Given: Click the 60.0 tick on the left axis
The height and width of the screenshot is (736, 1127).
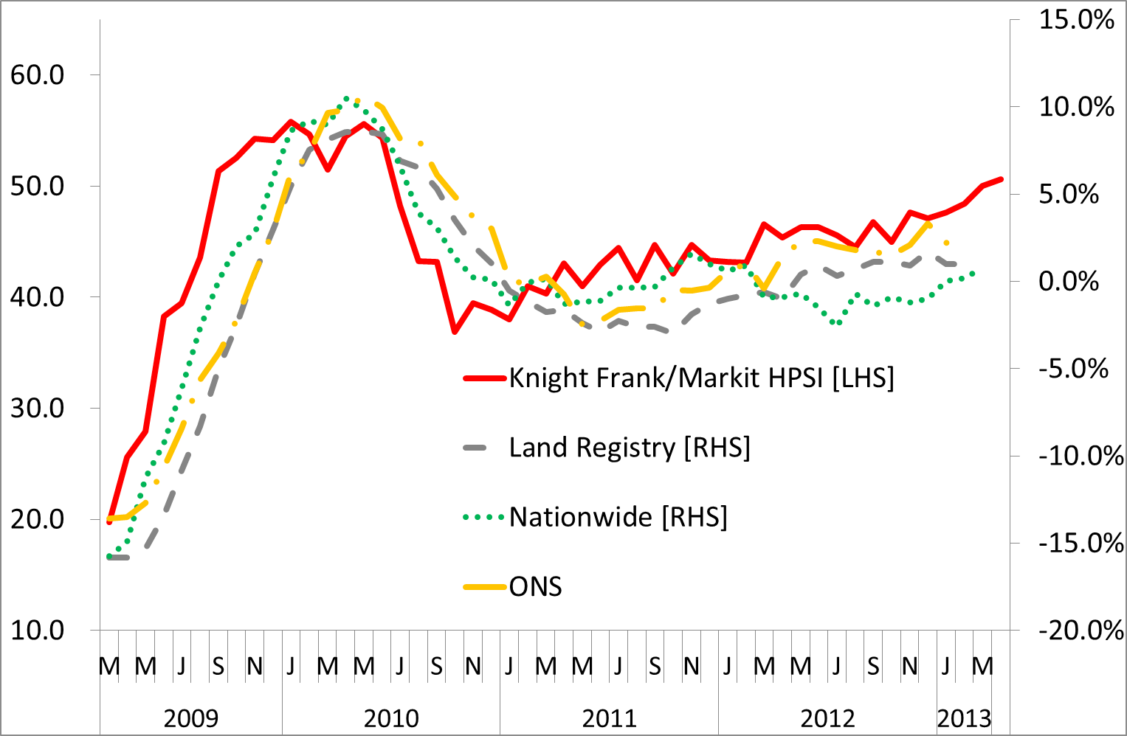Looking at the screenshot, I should pyautogui.click(x=37, y=74).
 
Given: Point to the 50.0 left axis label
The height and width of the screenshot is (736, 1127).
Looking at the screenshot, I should pyautogui.click(x=37, y=186).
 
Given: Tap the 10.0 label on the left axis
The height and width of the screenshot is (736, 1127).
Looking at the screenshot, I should pyautogui.click(x=37, y=631).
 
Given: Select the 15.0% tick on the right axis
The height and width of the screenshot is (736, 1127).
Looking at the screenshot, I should pyautogui.click(x=1076, y=20).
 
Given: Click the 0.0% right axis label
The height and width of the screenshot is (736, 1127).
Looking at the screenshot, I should pyautogui.click(x=1069, y=282).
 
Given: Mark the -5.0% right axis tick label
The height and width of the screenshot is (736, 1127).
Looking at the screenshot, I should pyautogui.click(x=1073, y=369).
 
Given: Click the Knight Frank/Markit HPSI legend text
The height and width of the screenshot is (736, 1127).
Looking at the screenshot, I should pyautogui.click(x=701, y=378).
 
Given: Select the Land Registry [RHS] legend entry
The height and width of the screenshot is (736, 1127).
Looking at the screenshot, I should pyautogui.click(x=630, y=448).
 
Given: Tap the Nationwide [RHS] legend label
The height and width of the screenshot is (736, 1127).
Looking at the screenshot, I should pyautogui.click(x=618, y=517).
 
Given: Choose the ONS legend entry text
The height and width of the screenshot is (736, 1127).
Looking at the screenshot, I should pyautogui.click(x=536, y=587).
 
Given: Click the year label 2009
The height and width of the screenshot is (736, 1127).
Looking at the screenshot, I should pyautogui.click(x=190, y=718).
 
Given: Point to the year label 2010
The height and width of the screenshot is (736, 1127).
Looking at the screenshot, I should pyautogui.click(x=391, y=718).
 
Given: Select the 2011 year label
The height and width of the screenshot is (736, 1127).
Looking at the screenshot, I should pyautogui.click(x=609, y=718).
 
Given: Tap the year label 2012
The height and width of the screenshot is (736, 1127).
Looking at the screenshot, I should pyautogui.click(x=827, y=718).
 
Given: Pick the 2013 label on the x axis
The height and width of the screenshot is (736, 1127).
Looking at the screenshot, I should pyautogui.click(x=964, y=718).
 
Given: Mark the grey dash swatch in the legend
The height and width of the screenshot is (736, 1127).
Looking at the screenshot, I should pyautogui.click(x=475, y=448).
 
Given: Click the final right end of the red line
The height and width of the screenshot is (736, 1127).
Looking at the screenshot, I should pyautogui.click(x=1002, y=178).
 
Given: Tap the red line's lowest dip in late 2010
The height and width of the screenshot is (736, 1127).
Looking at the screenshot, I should pyautogui.click(x=455, y=332).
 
